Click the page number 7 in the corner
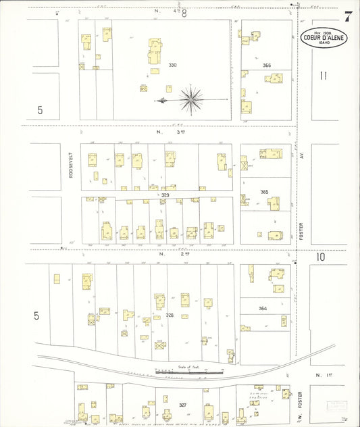(x=348, y=17)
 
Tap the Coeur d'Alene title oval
(x=324, y=38)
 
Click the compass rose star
(x=192, y=99)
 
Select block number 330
(x=173, y=66)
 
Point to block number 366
(x=267, y=66)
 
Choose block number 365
(x=264, y=192)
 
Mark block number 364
(x=263, y=308)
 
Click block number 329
(x=165, y=195)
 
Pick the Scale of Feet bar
(x=189, y=371)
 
